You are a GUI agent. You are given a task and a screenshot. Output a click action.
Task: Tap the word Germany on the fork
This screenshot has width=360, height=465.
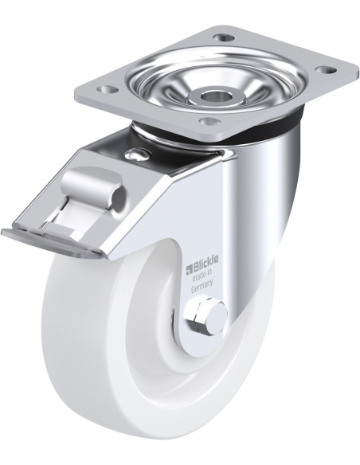pos(202,287)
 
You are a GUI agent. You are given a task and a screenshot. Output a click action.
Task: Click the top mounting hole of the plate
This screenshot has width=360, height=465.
pos(224,38)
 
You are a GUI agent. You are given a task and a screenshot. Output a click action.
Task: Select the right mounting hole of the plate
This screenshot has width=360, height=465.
pos(326,70)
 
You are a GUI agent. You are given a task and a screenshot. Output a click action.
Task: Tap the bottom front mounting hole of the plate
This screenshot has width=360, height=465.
pos(210,121)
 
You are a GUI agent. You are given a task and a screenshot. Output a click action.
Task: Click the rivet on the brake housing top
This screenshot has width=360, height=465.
pos(137,154)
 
